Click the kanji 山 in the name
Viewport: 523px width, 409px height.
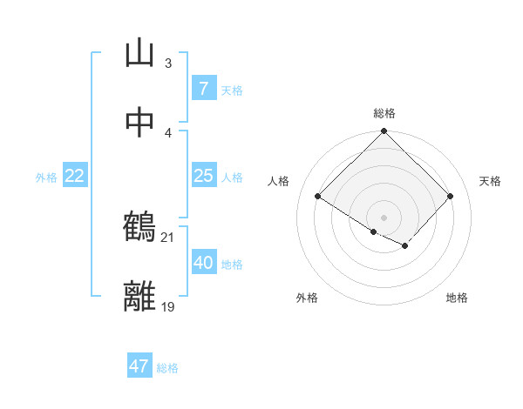coord(139,54)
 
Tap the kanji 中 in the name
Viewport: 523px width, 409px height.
coord(139,123)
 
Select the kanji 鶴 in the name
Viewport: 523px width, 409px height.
coord(139,228)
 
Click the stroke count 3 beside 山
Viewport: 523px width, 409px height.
coord(168,64)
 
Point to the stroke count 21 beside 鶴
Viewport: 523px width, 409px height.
coord(168,237)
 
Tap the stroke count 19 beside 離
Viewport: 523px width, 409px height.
coord(168,306)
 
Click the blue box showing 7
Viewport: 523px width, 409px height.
coord(203,89)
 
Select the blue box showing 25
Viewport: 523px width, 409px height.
coord(203,176)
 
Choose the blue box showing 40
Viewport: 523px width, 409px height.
coord(203,263)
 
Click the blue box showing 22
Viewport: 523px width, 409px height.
coord(75,176)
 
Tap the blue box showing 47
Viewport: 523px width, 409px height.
coord(139,366)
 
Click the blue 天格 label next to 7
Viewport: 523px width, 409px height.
coord(232,91)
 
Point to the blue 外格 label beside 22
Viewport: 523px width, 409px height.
coord(46,178)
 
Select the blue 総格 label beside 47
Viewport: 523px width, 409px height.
coord(167,368)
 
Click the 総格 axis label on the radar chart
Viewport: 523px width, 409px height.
coord(384,113)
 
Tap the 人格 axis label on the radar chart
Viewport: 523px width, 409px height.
coord(279,181)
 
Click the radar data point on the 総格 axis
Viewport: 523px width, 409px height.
coord(384,132)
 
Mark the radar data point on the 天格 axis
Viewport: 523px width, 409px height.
coord(450,197)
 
